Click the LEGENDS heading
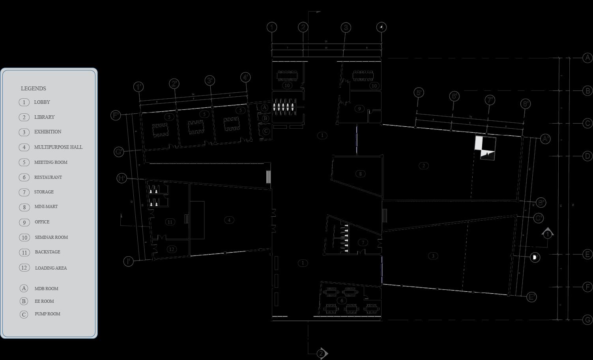34,88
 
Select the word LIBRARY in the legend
44,117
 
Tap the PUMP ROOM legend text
47,314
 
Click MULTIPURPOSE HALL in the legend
58,147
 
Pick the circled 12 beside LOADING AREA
24,268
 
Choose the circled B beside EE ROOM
24,301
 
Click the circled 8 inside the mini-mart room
360,174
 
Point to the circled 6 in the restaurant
342,300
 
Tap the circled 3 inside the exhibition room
433,256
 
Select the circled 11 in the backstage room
170,222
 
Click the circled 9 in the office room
359,109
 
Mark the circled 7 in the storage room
363,242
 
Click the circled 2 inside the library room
423,166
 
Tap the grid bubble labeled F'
116,115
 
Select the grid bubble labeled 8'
526,104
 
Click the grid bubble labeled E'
532,297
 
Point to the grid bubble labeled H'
122,178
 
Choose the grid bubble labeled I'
128,261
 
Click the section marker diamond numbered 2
322,353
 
